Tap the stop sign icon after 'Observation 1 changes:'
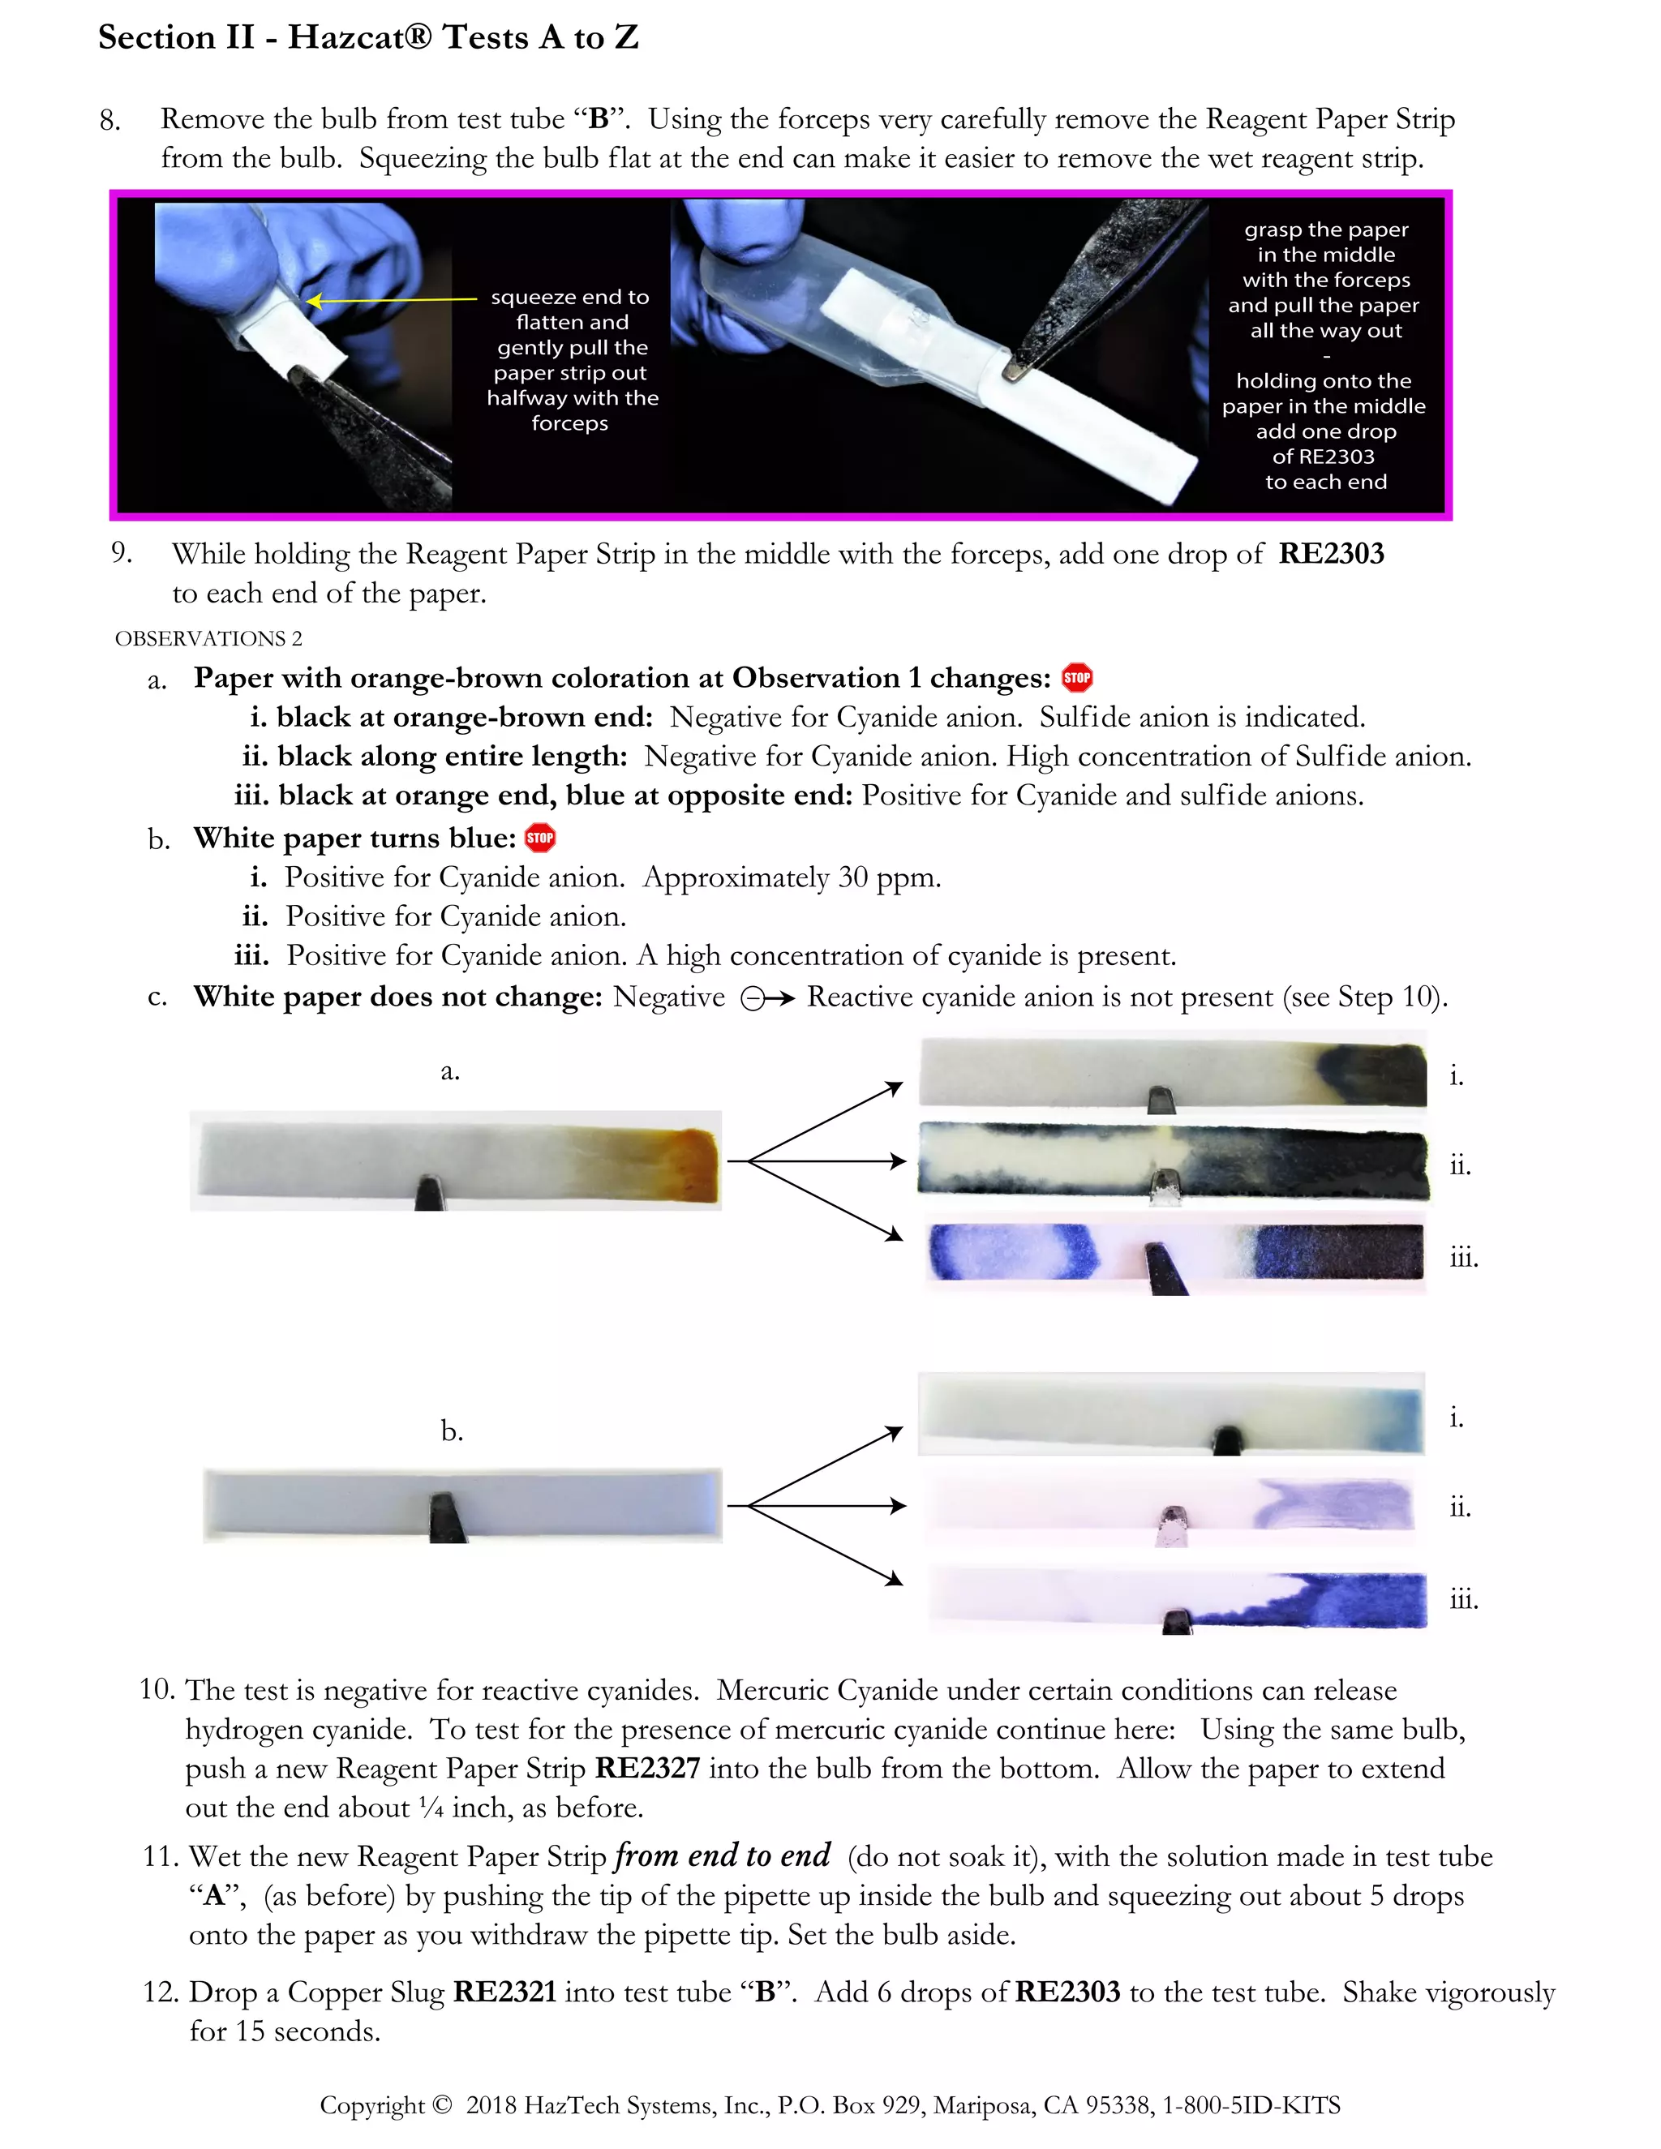pyautogui.click(x=1078, y=677)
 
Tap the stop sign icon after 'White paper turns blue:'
pyautogui.click(x=539, y=838)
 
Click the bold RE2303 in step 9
pyautogui.click(x=1330, y=554)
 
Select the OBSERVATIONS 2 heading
pyautogui.click(x=208, y=638)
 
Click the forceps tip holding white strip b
pyautogui.click(x=448, y=1516)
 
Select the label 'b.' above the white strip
pyautogui.click(x=452, y=1431)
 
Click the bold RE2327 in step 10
pyautogui.click(x=647, y=1768)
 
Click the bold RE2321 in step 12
pyautogui.click(x=504, y=1992)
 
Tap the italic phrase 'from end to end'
pyautogui.click(x=723, y=1855)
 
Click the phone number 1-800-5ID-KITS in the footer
pyautogui.click(x=1251, y=2104)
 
